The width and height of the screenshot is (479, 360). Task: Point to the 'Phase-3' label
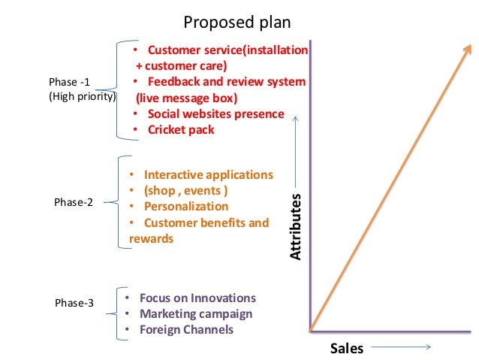point(74,303)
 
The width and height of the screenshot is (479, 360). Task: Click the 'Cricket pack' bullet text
point(181,129)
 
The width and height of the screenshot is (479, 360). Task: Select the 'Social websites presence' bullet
point(215,113)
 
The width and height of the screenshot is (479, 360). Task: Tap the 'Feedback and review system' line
point(226,81)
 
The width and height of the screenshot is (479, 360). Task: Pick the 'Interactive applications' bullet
point(209,174)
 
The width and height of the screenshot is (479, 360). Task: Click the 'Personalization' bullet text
point(186,206)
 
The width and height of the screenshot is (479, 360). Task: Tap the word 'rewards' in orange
point(151,239)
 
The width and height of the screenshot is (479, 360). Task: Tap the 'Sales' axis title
point(347,348)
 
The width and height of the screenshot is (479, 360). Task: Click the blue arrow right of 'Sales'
point(400,347)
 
